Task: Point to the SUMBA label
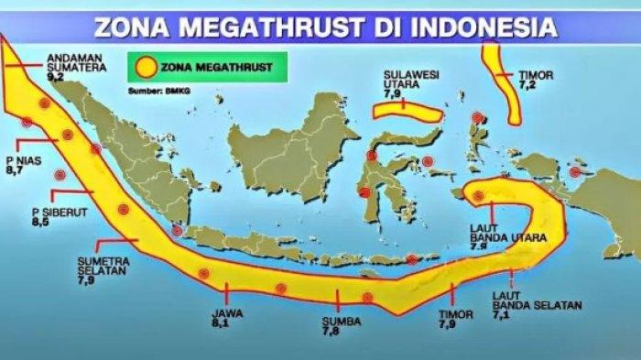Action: click(x=340, y=321)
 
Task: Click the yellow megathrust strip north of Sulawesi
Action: click(x=406, y=111)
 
